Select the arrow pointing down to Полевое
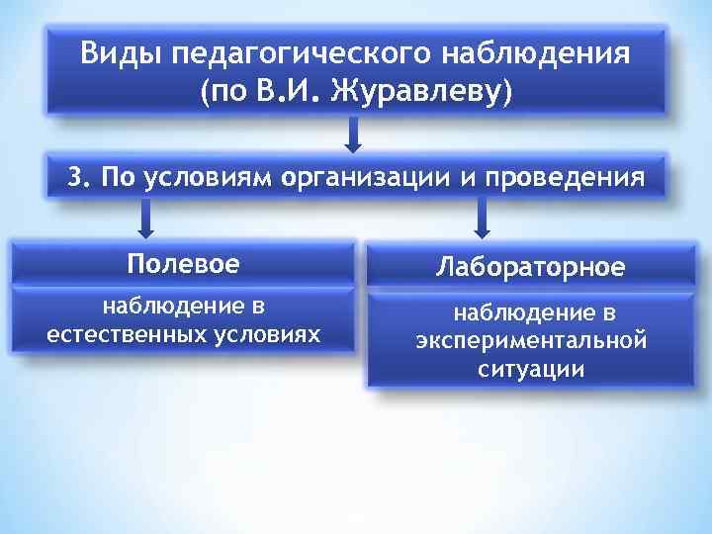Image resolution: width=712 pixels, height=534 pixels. tap(146, 219)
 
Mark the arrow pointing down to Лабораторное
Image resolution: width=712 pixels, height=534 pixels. tap(482, 219)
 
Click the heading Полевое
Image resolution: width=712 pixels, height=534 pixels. tap(183, 265)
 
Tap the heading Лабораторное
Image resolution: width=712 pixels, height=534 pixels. tap(532, 267)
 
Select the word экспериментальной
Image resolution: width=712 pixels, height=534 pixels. tap(532, 341)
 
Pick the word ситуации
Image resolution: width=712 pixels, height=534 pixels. tap(532, 369)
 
